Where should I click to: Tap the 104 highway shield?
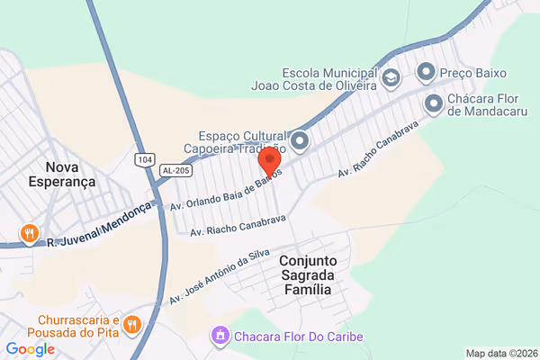145,159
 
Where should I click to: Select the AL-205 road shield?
175,170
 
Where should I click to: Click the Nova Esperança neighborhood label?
69,174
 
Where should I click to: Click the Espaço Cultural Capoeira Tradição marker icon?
299,141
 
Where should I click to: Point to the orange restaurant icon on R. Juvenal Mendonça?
31,234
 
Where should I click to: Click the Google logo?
30,349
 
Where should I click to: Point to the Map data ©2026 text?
500,353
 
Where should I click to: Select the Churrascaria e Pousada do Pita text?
79,329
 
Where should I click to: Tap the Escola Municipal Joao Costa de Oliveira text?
328,79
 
